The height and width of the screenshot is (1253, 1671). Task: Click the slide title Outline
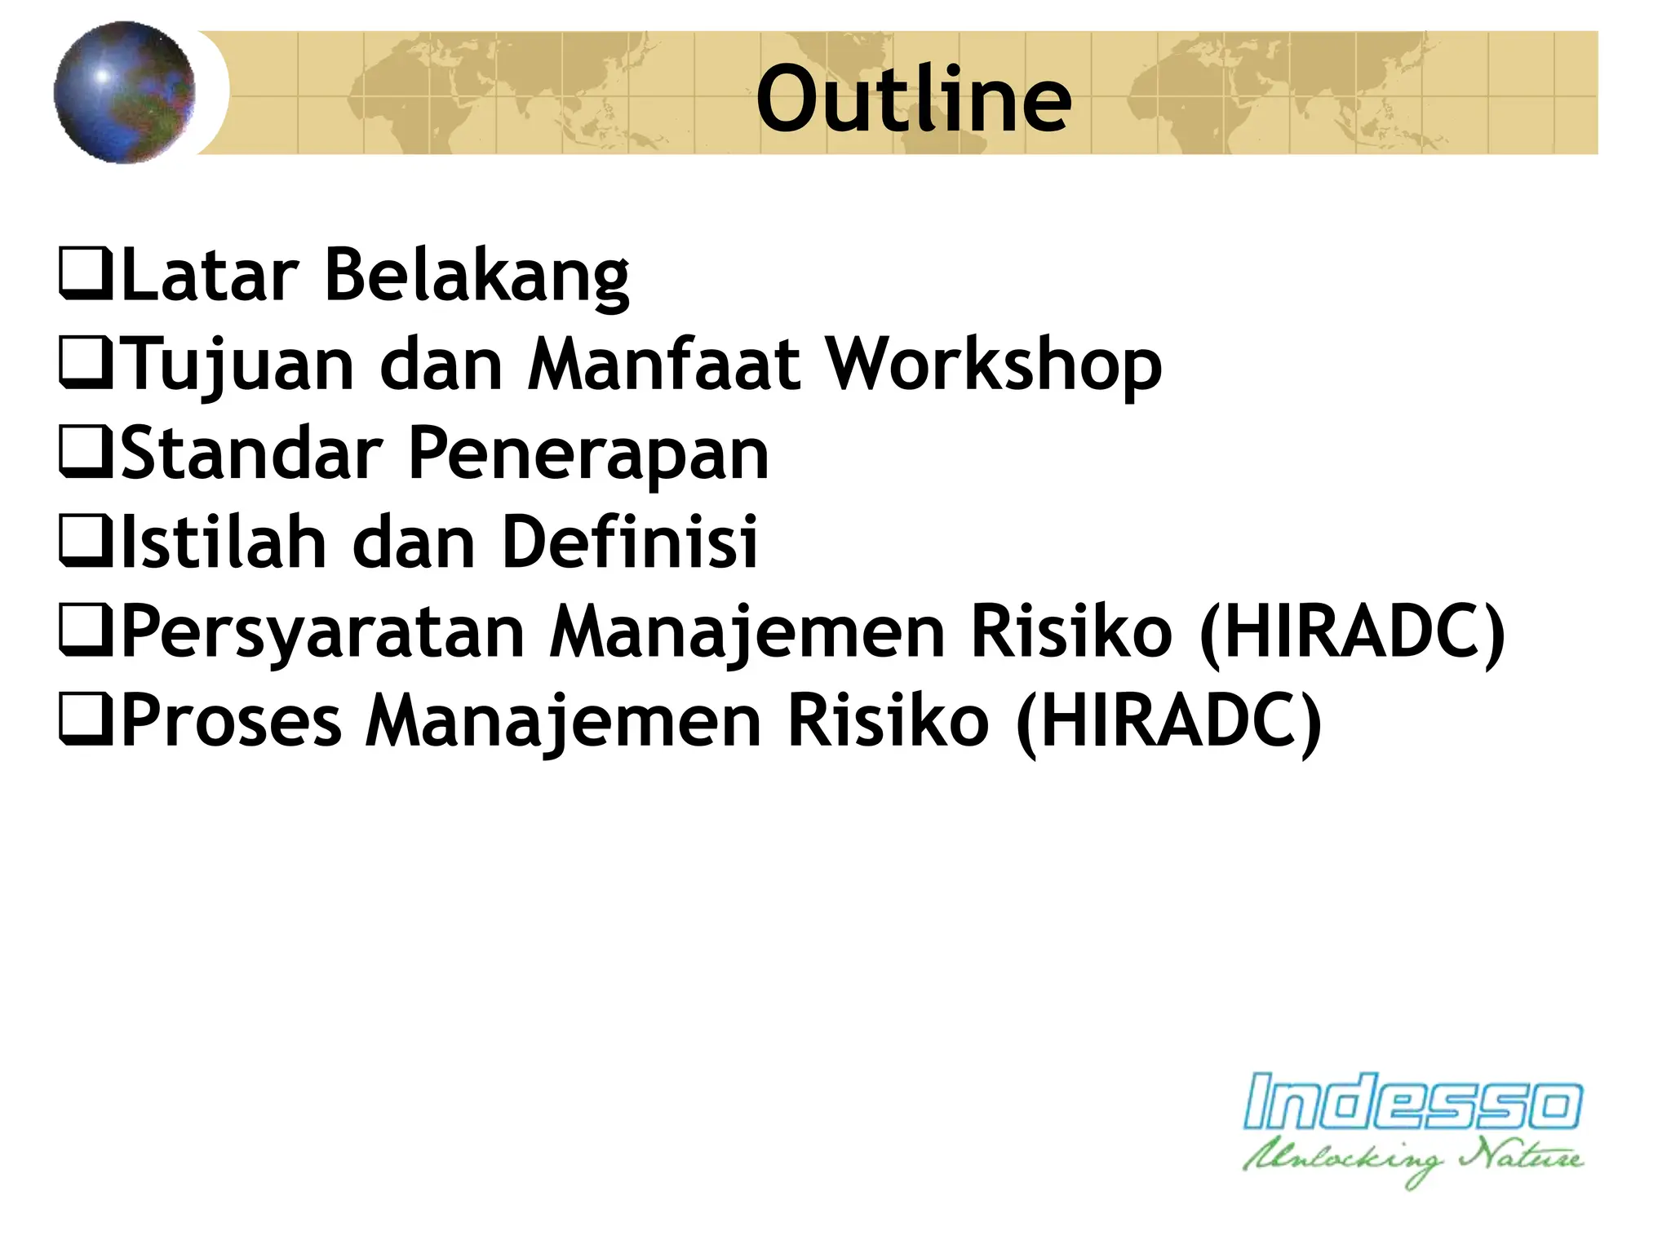pyautogui.click(x=913, y=100)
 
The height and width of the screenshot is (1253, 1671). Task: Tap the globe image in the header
pyautogui.click(x=125, y=92)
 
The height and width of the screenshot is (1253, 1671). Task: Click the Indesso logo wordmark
pyautogui.click(x=1412, y=1102)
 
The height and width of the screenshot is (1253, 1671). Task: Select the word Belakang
pyautogui.click(x=476, y=276)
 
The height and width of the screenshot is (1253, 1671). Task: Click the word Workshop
pyautogui.click(x=994, y=365)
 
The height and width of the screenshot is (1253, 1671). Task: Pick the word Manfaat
pyautogui.click(x=663, y=365)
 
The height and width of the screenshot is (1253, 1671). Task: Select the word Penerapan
pyautogui.click(x=587, y=454)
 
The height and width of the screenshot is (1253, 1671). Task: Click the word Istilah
pyautogui.click(x=224, y=542)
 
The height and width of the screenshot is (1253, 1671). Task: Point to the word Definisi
pyautogui.click(x=630, y=542)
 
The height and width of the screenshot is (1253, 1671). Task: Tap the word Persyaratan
pyautogui.click(x=323, y=632)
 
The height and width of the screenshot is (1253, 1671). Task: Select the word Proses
pyautogui.click(x=231, y=721)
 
